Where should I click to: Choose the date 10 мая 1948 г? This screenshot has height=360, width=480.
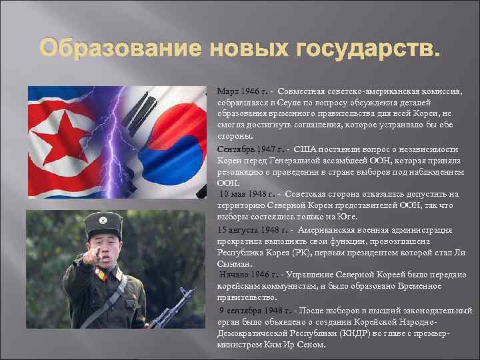pyautogui.click(x=247, y=194)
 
